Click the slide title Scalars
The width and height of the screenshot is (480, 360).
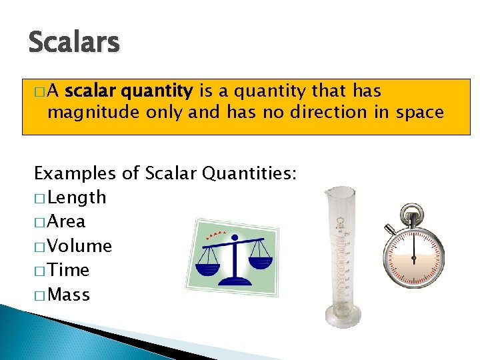pyautogui.click(x=73, y=43)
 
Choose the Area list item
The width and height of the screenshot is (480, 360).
pyautogui.click(x=67, y=221)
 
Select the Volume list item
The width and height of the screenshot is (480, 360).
pyautogui.click(x=79, y=246)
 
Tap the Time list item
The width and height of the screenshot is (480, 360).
pyautogui.click(x=69, y=270)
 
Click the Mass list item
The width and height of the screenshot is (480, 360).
pyautogui.click(x=69, y=295)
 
